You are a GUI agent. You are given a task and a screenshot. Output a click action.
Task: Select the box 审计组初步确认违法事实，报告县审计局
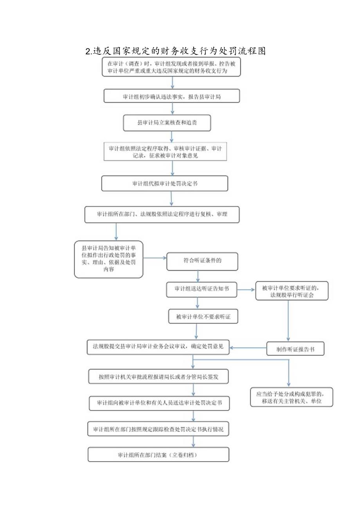point(171,96)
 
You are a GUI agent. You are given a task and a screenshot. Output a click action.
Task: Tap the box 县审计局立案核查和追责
point(167,122)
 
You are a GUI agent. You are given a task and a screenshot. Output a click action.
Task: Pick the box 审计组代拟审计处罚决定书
point(164,183)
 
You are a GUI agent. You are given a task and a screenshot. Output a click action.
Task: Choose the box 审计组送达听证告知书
point(202,289)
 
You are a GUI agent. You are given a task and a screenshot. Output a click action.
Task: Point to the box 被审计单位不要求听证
point(203,316)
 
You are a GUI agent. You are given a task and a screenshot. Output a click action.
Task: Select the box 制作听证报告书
point(295,348)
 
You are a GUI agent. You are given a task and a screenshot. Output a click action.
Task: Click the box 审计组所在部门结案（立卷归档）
point(158,455)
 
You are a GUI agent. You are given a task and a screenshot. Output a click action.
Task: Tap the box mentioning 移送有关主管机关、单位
point(292,397)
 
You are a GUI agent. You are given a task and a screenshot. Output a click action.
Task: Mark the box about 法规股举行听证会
point(292,291)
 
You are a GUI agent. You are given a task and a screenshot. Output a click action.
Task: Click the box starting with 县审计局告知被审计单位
point(108,259)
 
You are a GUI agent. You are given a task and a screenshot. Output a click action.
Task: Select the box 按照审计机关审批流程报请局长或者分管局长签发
point(158,376)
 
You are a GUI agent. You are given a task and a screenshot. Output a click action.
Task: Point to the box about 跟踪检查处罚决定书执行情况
point(158,429)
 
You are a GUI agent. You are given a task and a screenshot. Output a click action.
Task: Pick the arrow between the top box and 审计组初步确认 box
point(173,82)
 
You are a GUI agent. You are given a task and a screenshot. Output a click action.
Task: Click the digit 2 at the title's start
point(88,51)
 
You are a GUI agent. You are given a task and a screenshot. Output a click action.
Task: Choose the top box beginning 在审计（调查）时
point(171,67)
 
